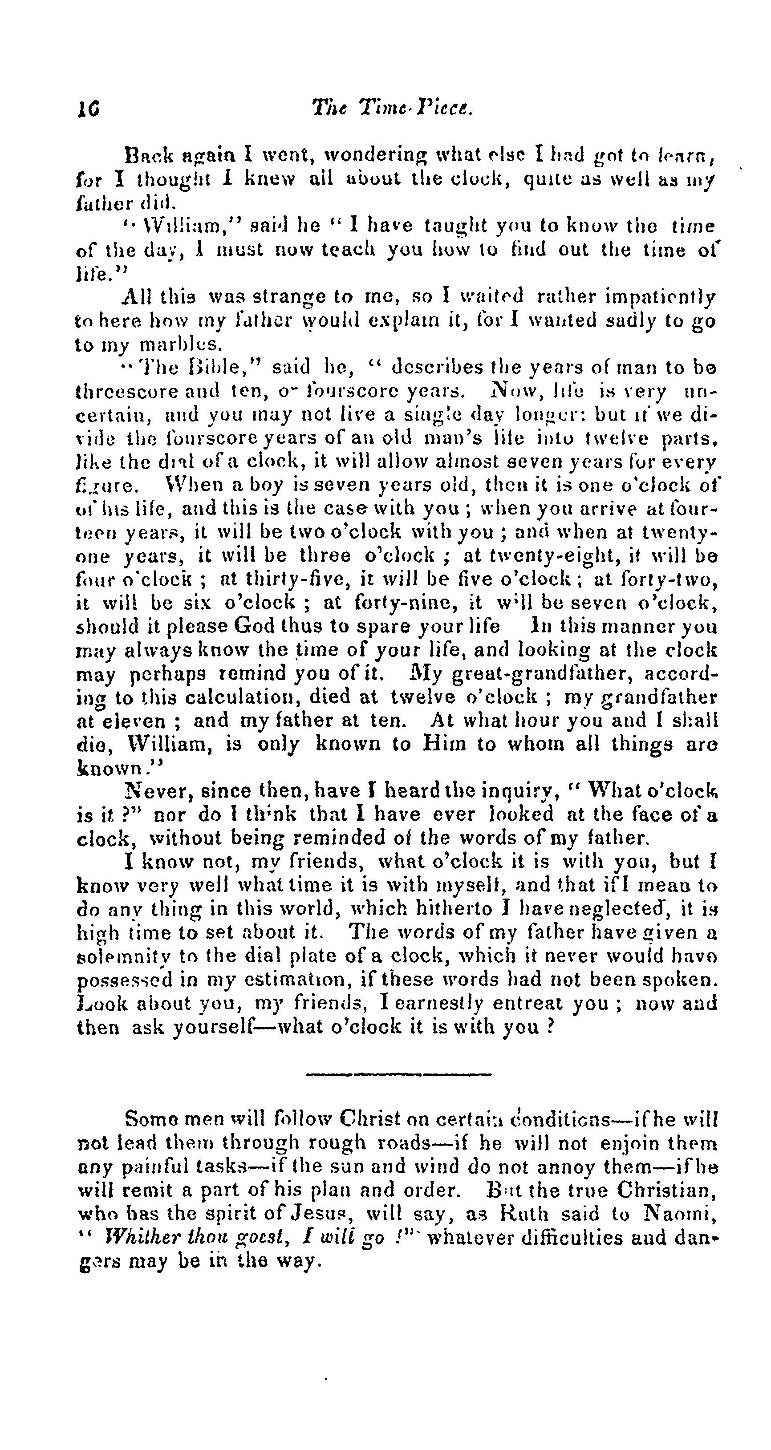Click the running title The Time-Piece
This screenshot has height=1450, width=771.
click(392, 106)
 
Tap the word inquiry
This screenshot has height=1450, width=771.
click(522, 791)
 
